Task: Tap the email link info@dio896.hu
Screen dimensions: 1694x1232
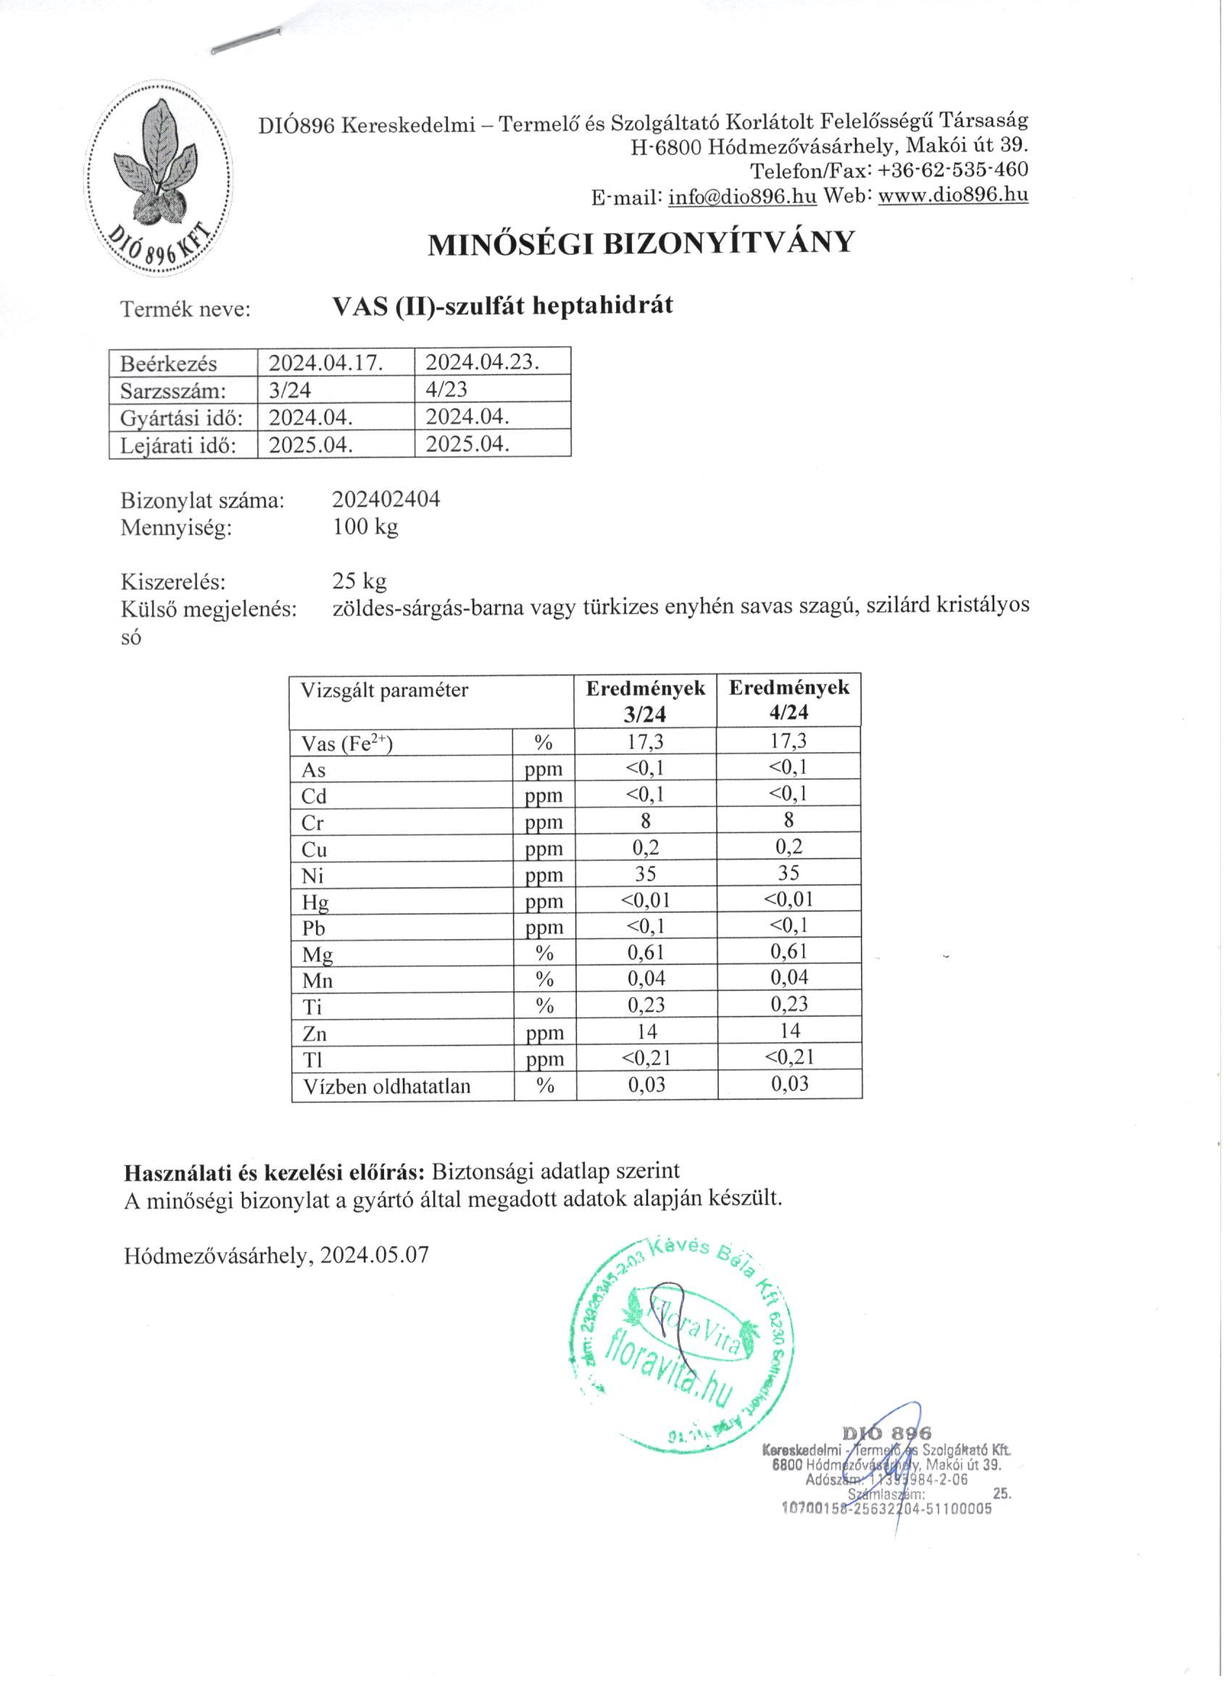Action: pyautogui.click(x=742, y=196)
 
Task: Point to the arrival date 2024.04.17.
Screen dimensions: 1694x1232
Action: pyautogui.click(x=325, y=363)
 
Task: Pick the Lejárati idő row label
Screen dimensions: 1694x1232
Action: pyautogui.click(x=178, y=446)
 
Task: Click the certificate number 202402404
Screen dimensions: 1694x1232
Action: pyautogui.click(x=386, y=499)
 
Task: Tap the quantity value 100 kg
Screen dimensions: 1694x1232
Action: pyautogui.click(x=365, y=527)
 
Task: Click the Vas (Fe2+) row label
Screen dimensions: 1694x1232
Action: pyautogui.click(x=347, y=743)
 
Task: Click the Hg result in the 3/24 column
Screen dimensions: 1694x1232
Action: pyautogui.click(x=646, y=900)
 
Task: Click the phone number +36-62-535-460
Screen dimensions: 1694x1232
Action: pyautogui.click(x=953, y=170)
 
